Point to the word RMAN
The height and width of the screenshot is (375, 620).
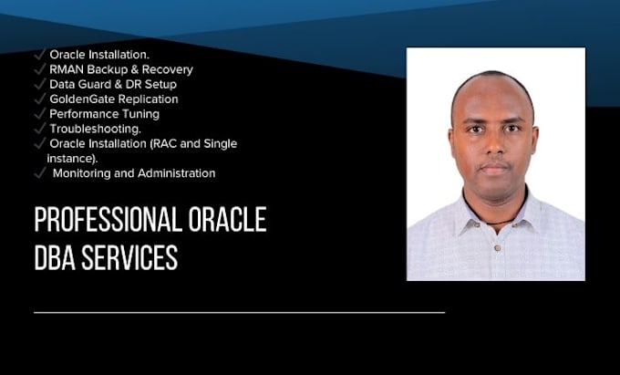66,69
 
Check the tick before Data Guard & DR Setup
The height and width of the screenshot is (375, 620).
40,83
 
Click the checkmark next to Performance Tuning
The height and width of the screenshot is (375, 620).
40,113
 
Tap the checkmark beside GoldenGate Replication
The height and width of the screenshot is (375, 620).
40,98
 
